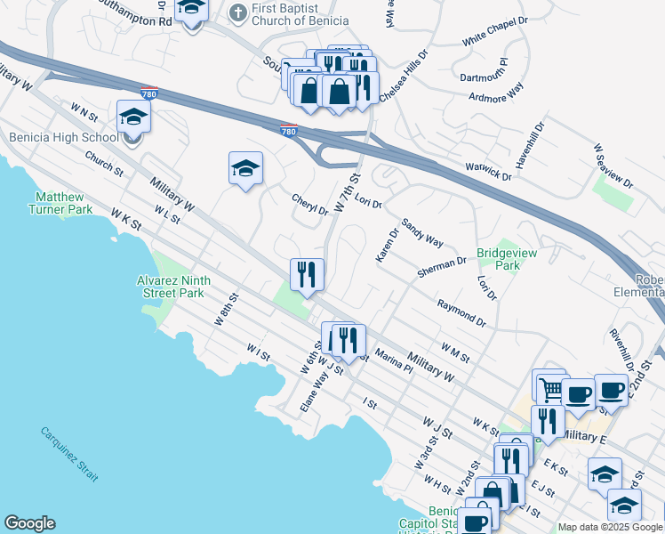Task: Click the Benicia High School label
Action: (63, 138)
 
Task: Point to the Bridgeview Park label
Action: (498, 259)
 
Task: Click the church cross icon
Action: (237, 12)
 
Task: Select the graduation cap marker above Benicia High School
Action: (133, 117)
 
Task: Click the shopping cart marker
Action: (549, 386)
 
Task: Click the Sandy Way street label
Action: (422, 233)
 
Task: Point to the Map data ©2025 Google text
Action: (610, 527)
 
